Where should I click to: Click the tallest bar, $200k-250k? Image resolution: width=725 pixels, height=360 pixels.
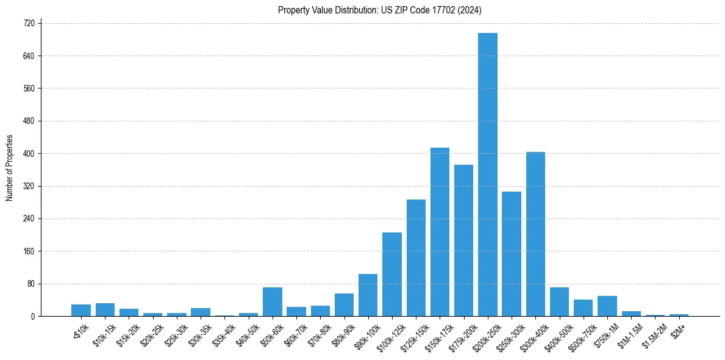point(488,175)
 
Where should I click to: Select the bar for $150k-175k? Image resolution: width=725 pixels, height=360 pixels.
point(440,232)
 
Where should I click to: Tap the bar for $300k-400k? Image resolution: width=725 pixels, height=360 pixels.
point(535,234)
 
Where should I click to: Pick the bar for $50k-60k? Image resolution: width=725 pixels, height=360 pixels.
point(273,302)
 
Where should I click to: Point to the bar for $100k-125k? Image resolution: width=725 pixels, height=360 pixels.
point(392,275)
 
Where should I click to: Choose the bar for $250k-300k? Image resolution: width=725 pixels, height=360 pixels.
point(512,254)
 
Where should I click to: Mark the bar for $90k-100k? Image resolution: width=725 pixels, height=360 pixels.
point(368,295)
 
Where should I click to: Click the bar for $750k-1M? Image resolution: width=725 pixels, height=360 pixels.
point(607,306)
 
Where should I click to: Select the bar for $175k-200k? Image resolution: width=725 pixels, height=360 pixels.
point(463,240)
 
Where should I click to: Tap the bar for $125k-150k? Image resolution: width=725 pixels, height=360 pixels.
point(416,258)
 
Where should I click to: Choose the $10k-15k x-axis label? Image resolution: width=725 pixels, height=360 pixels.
point(103,332)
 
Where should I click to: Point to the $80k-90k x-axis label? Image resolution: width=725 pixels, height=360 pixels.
point(343,332)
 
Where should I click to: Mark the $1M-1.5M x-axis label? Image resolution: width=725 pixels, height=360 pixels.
point(629,332)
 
